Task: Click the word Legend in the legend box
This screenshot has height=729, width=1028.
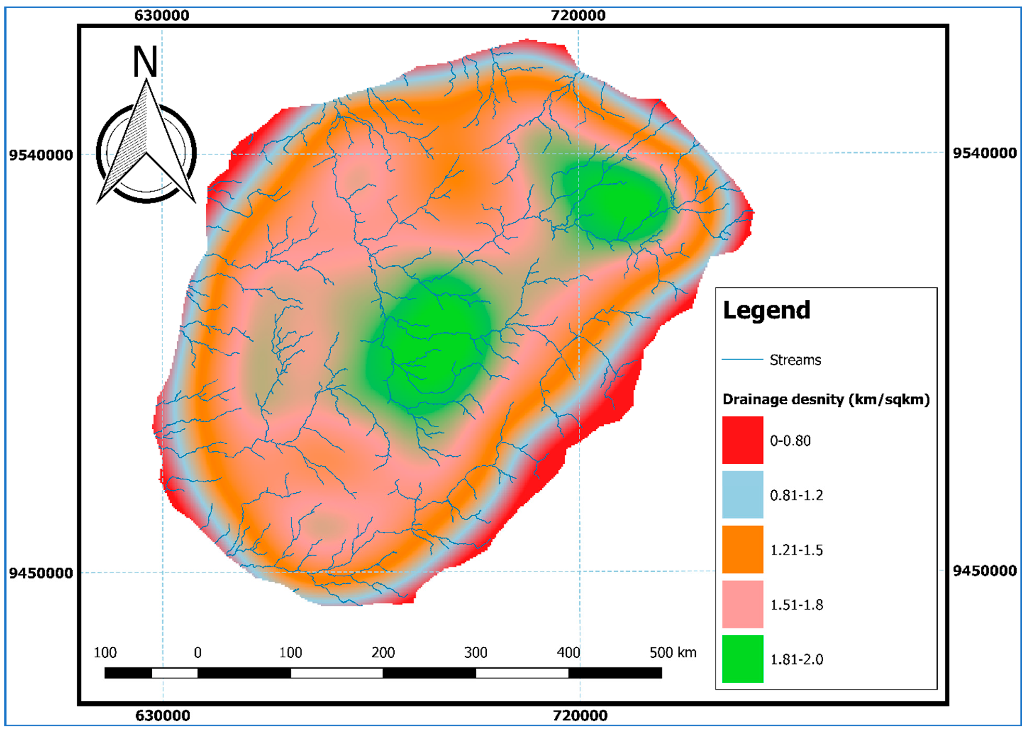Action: click(x=766, y=310)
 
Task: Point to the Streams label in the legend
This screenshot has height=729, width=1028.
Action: click(x=795, y=360)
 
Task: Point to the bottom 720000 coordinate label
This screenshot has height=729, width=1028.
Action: click(x=580, y=715)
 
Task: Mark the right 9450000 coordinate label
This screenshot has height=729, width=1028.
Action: click(x=985, y=571)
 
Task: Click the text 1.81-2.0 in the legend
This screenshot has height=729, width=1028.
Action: click(x=797, y=660)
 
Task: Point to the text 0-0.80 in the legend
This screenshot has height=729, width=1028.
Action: click(x=790, y=440)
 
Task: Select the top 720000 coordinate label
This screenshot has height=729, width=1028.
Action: click(x=578, y=15)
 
